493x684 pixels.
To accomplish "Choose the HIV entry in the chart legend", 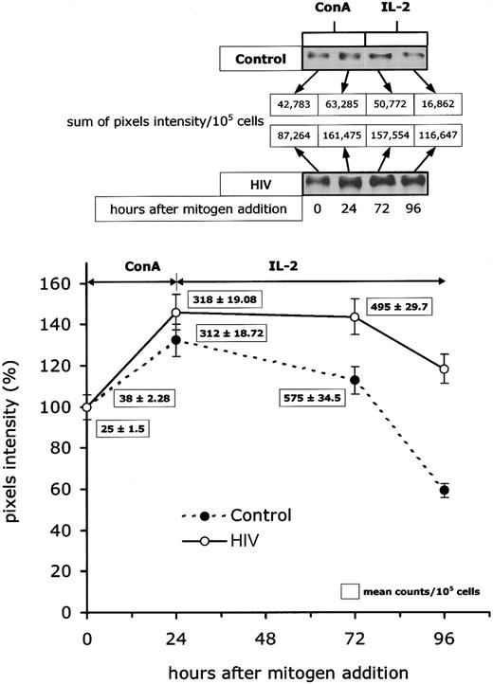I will coord(231,543).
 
